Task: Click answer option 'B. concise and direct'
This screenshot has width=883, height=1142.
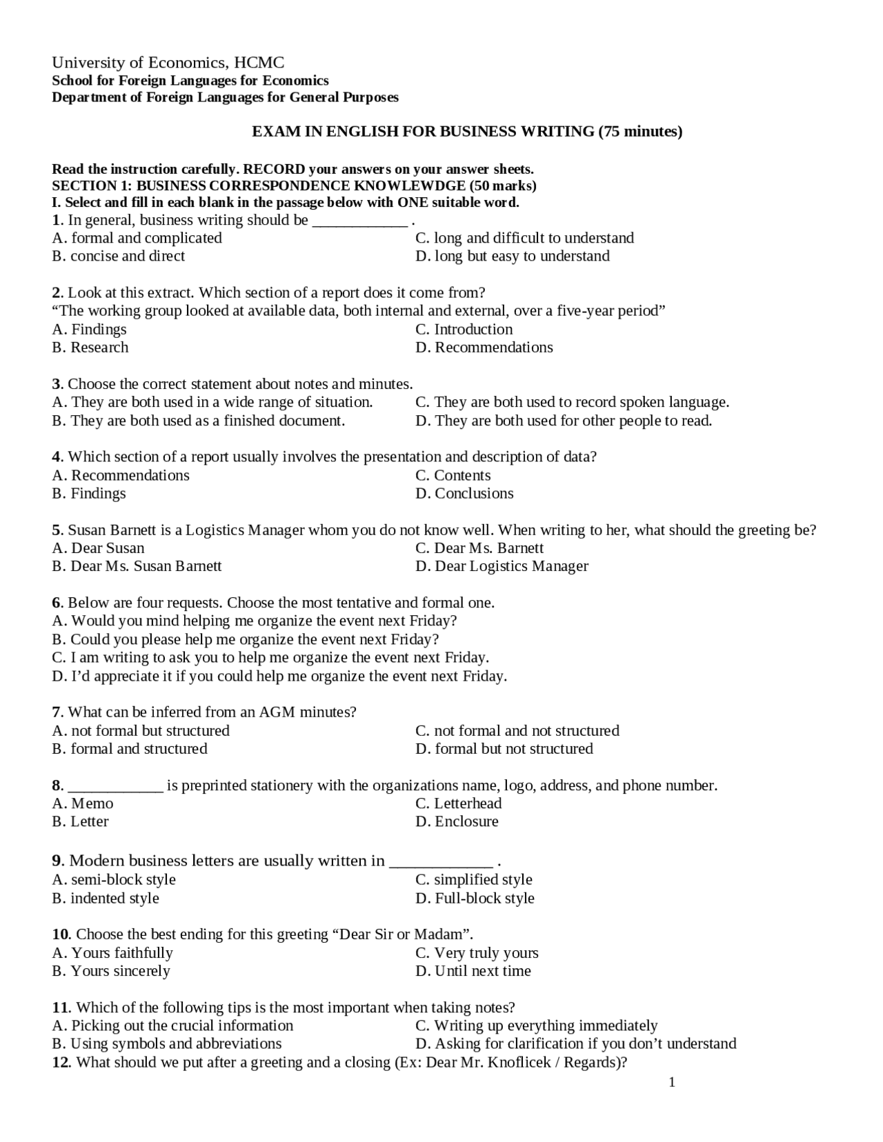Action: [x=119, y=256]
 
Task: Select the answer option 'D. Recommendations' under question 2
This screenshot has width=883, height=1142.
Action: [x=484, y=347]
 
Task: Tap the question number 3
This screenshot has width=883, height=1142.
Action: [x=57, y=383]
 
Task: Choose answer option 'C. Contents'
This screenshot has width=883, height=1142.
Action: [x=453, y=475]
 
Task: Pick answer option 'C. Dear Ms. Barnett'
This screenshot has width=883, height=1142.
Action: [x=479, y=548]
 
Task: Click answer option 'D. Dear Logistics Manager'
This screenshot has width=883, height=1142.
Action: [x=502, y=566]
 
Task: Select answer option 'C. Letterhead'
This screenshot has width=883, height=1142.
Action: [x=458, y=803]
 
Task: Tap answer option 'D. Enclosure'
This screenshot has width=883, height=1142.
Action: [x=457, y=821]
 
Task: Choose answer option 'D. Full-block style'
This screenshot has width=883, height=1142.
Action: [x=475, y=898]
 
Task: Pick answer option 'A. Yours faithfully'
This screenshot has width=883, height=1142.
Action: [x=112, y=953]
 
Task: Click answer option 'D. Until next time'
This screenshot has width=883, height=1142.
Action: [x=473, y=971]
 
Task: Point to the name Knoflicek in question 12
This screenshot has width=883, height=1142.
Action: [x=521, y=1062]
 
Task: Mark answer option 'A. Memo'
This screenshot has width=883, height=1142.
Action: [x=83, y=803]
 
